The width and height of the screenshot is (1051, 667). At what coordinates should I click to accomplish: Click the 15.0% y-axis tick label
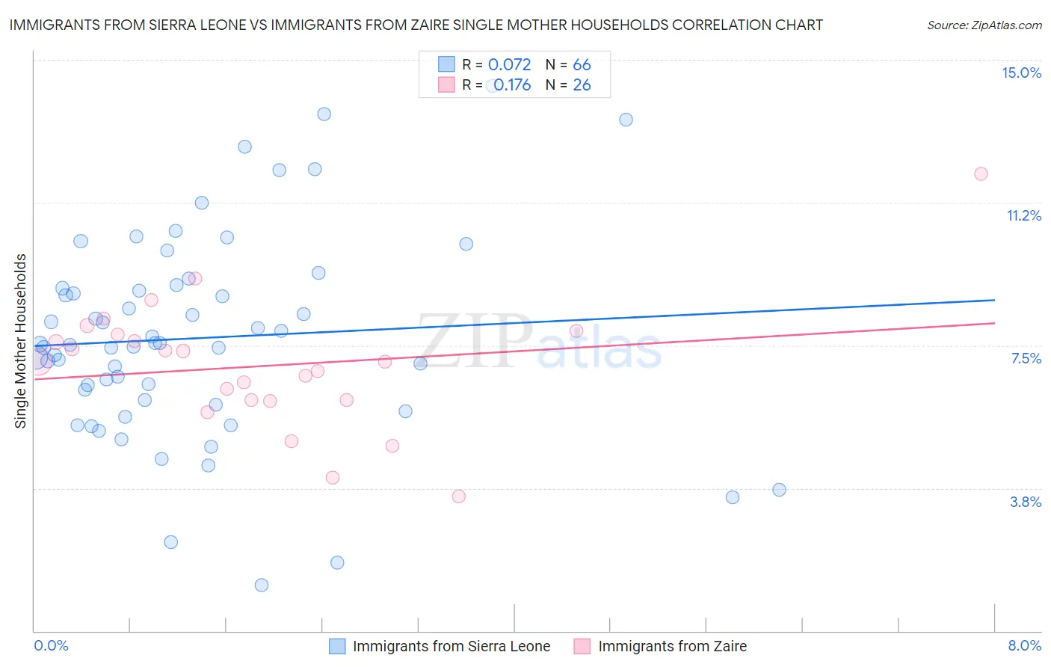pyautogui.click(x=1021, y=73)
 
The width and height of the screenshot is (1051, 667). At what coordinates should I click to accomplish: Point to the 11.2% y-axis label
pyautogui.click(x=1023, y=216)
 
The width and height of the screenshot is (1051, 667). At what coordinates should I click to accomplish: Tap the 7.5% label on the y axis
pyautogui.click(x=1026, y=359)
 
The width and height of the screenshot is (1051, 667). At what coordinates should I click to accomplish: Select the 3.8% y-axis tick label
pyautogui.click(x=1026, y=502)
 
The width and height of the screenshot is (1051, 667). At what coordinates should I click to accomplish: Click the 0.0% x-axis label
pyautogui.click(x=51, y=645)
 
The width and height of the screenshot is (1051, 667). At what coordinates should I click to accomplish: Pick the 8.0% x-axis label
pyautogui.click(x=1024, y=645)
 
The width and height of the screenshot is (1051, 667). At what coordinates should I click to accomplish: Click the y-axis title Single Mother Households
pyautogui.click(x=21, y=341)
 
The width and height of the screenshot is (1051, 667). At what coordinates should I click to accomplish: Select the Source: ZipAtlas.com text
pyautogui.click(x=984, y=25)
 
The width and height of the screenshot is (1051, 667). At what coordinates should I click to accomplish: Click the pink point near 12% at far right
pyautogui.click(x=981, y=174)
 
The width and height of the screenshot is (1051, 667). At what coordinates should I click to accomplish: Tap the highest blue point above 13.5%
pyautogui.click(x=324, y=114)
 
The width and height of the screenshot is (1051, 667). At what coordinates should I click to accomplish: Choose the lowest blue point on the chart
pyautogui.click(x=262, y=585)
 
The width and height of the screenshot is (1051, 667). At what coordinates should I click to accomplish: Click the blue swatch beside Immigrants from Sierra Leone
pyautogui.click(x=337, y=646)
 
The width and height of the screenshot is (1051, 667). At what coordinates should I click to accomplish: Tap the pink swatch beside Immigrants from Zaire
pyautogui.click(x=582, y=646)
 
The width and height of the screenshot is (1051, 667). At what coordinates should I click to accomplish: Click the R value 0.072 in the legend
pyautogui.click(x=509, y=65)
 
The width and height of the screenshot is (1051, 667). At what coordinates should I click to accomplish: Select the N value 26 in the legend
pyautogui.click(x=582, y=85)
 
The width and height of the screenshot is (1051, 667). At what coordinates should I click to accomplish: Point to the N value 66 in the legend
pyautogui.click(x=582, y=65)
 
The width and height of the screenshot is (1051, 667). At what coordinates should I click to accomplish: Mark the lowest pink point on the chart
pyautogui.click(x=459, y=497)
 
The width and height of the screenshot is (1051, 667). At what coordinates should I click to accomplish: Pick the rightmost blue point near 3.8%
pyautogui.click(x=779, y=490)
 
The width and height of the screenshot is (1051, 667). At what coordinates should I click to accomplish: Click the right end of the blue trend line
pyautogui.click(x=994, y=300)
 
